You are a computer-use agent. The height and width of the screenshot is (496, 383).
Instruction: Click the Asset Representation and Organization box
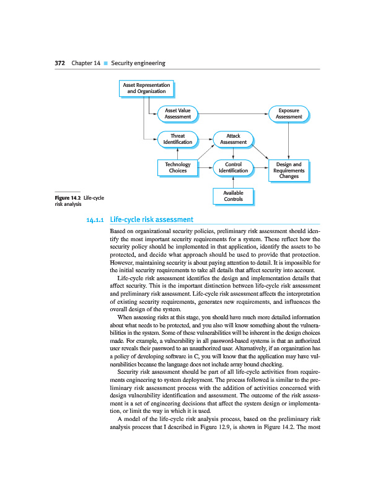point(146,88)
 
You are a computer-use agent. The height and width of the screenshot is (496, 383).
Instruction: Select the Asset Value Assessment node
point(178,113)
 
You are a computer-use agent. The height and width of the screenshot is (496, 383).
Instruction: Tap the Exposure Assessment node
point(289,113)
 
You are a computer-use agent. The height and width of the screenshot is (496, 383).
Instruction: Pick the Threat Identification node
point(178,139)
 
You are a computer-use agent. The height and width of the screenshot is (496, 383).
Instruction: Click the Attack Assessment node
point(233,139)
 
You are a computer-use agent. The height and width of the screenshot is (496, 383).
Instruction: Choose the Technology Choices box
point(178,167)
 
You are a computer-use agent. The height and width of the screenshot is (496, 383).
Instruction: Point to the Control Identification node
point(233,167)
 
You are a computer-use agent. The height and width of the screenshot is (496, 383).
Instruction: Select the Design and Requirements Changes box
point(289,170)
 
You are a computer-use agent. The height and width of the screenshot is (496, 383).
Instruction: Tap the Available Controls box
point(233,196)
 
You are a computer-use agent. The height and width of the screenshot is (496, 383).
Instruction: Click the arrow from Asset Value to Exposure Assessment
point(234,114)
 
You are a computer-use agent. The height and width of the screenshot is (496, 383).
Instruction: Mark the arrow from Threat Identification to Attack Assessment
point(205,139)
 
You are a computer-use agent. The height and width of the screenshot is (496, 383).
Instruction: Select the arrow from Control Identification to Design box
point(262,167)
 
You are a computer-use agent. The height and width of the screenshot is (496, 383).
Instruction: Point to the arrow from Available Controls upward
point(233,182)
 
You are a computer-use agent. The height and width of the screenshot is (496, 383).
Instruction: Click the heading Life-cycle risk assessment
point(151,219)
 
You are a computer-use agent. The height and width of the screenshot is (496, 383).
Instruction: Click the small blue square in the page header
point(106,63)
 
